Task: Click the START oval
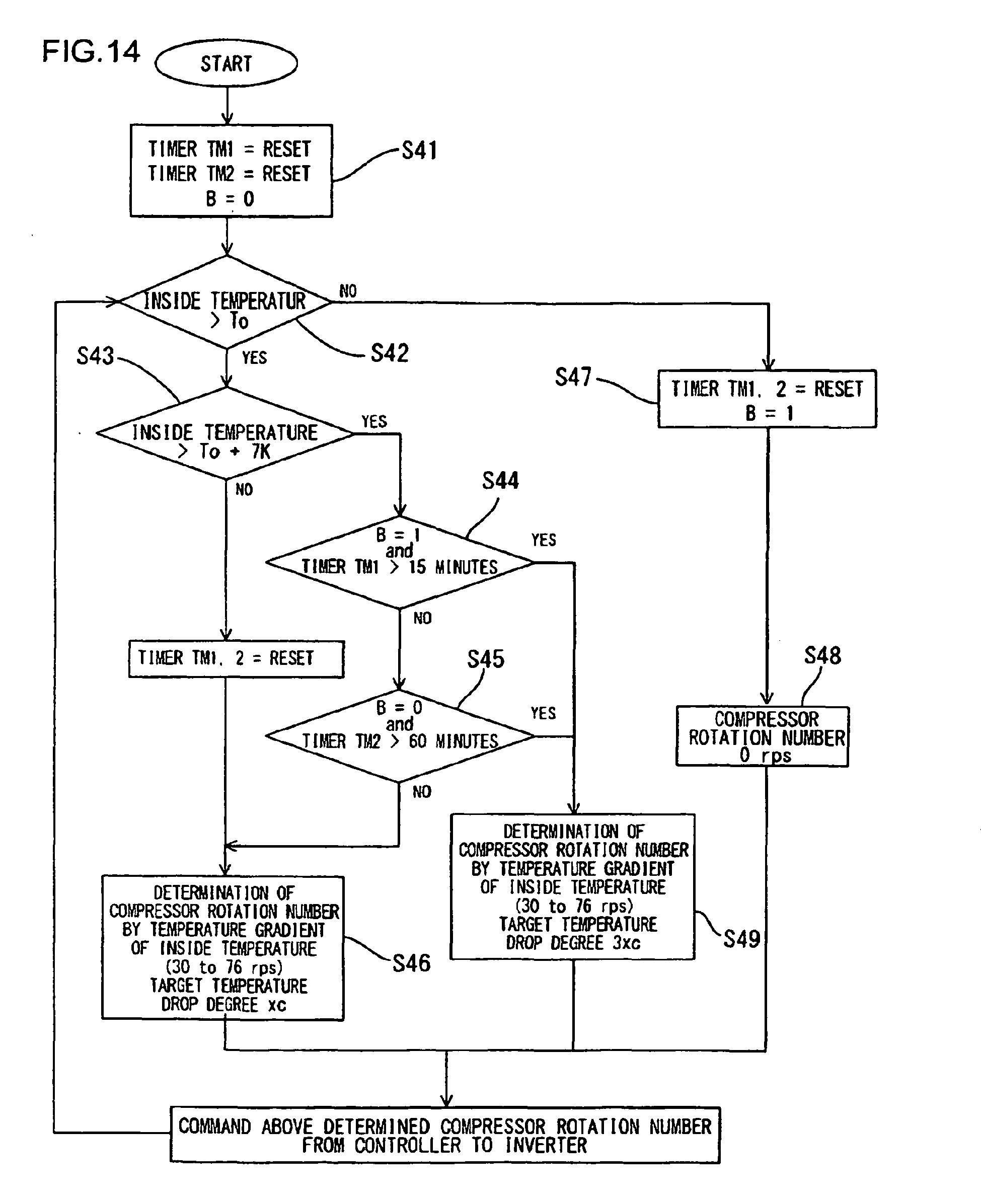[226, 63]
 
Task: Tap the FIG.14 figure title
[91, 52]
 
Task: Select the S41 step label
[419, 151]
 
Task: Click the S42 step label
[390, 353]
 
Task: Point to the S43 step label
[96, 356]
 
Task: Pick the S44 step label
[500, 481]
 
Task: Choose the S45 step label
[485, 659]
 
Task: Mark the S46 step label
[411, 963]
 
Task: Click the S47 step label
[573, 377]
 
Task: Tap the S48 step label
[822, 655]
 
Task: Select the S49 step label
[741, 939]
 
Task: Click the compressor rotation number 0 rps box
[763, 736]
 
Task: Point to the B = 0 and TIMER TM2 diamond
[400, 736]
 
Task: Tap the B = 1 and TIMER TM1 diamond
[400, 562]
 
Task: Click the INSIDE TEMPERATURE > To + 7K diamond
[225, 433]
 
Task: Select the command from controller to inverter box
[445, 1135]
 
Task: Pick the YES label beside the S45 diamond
[543, 713]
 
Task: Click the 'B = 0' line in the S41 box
[230, 199]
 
